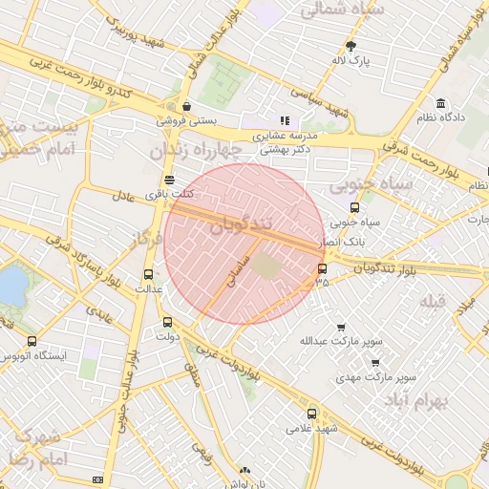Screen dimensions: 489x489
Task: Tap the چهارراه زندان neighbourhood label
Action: [x=190, y=151]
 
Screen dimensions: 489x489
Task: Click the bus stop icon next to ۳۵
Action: [x=322, y=268]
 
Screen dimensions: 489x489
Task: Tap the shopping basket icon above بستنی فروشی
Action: [x=185, y=106]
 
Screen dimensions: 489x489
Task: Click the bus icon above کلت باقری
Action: [x=169, y=180]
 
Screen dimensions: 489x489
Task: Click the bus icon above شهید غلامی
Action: [x=312, y=414]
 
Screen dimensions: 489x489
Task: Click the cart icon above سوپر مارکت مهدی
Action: [x=375, y=363]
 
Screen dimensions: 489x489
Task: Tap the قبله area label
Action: [x=434, y=302]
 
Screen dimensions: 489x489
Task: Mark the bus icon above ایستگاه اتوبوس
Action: [x=32, y=341]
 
